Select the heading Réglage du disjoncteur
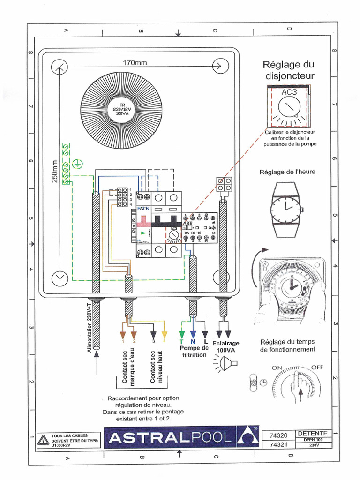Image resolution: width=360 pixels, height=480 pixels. pos(288,70)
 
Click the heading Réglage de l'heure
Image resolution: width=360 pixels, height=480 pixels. pos(287,172)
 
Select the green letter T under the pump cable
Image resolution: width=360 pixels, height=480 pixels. pos(182,342)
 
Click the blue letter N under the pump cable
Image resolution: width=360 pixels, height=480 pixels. pos(193,342)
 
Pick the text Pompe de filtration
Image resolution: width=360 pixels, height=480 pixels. pos(194,352)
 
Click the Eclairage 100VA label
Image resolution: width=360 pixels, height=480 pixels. pos(225,346)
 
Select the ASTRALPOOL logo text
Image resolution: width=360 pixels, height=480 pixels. pos(170,437)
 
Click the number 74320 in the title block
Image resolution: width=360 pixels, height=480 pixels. pos(279,435)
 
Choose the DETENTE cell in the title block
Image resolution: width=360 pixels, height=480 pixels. pos(313,433)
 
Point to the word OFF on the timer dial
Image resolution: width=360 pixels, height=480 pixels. pos(318,367)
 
